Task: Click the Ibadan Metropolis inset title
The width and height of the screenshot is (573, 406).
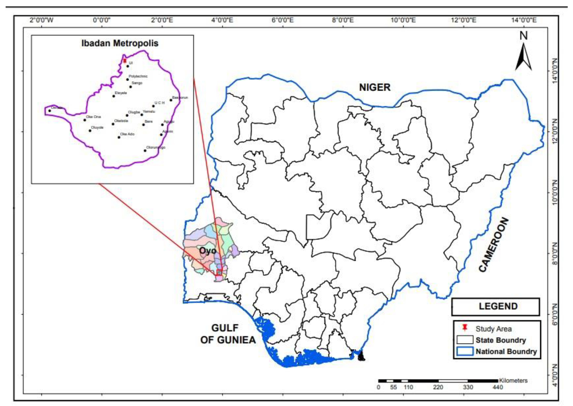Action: click(120, 43)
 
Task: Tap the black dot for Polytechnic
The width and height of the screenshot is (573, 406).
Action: click(127, 80)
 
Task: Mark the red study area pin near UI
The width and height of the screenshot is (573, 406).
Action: click(125, 61)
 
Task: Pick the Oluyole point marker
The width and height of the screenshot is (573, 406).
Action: click(90, 130)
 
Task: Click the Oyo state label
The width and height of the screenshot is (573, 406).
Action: click(207, 251)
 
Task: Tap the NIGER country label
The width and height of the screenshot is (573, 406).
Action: click(375, 87)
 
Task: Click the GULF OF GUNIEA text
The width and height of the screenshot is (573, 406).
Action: click(228, 334)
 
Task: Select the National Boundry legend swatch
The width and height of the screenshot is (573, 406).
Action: click(465, 351)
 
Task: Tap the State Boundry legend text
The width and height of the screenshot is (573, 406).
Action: click(501, 340)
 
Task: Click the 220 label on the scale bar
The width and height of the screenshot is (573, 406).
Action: click(438, 387)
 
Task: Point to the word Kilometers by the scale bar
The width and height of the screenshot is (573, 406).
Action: click(513, 381)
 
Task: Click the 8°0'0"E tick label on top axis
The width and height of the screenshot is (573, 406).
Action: click(343, 20)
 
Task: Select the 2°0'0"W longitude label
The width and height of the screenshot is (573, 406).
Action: click(42, 20)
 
